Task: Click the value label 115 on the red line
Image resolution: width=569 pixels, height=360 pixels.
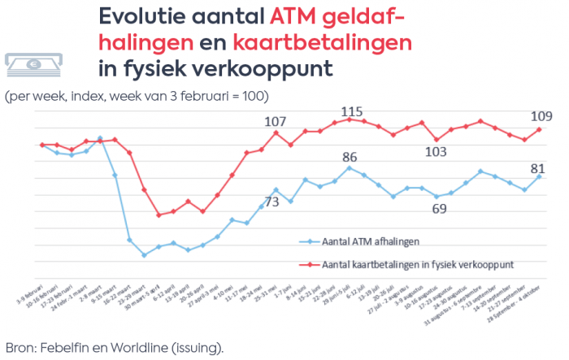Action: [x=351, y=111]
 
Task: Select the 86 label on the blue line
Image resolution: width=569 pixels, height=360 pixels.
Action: [x=350, y=157]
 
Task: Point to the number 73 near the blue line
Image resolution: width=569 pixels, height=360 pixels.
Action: [x=271, y=202]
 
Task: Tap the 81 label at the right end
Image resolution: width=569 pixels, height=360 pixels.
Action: [x=537, y=168]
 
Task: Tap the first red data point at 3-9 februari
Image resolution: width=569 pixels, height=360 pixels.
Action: [x=42, y=145]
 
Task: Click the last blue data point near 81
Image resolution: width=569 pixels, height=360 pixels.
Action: [x=539, y=176]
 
